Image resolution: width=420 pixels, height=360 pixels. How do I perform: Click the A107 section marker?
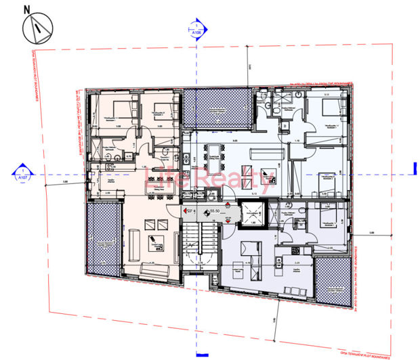click(x=22, y=175)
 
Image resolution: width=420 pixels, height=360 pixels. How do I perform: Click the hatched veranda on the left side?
click(x=103, y=239)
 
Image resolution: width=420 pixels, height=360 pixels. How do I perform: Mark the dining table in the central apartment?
click(x=218, y=150)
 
